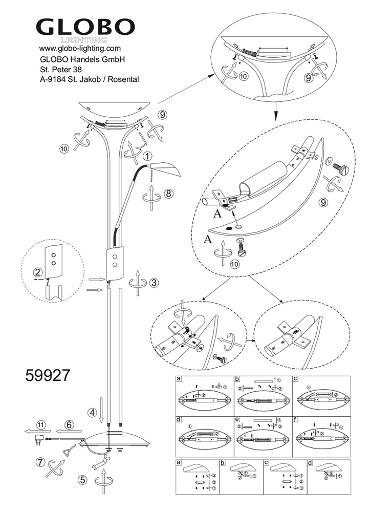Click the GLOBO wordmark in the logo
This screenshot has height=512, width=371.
click(85, 26)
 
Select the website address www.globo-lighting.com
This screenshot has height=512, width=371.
click(80, 48)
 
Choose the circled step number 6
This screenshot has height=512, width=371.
click(70, 424)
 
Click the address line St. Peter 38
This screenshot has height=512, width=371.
click(61, 69)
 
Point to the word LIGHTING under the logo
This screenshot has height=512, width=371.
click(83, 39)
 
